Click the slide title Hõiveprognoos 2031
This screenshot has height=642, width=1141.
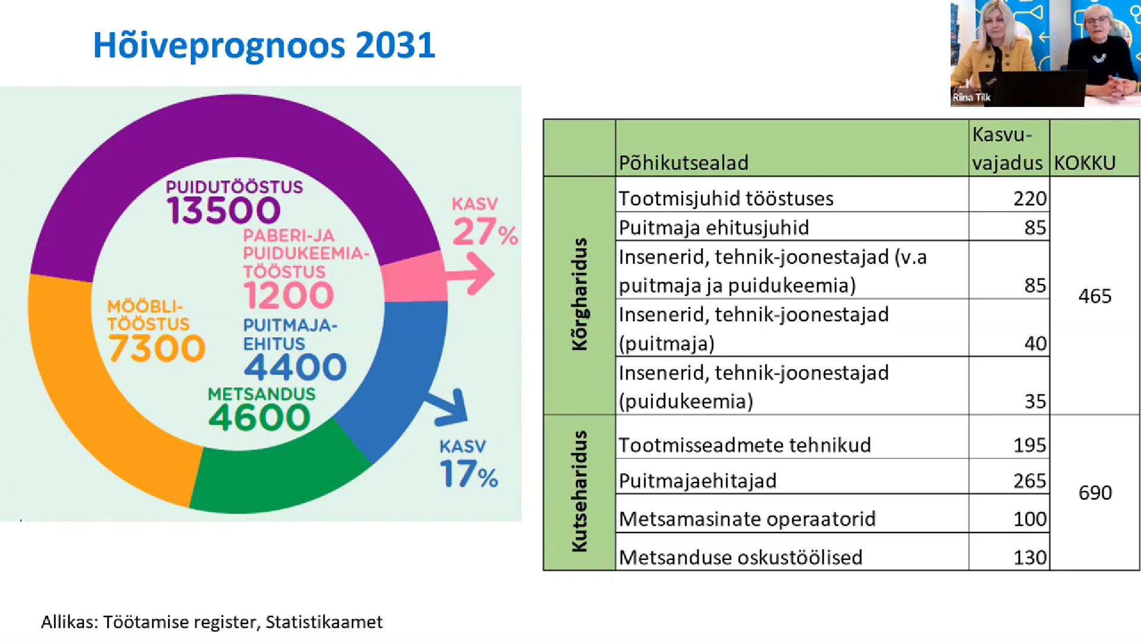tap(264, 46)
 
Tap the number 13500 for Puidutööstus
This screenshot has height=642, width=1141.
tap(223, 210)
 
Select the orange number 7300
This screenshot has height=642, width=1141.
tap(157, 348)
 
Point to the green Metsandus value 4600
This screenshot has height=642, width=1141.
tap(259, 417)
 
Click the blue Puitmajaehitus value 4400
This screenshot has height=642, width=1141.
tap(295, 367)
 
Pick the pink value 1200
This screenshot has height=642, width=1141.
tap(289, 295)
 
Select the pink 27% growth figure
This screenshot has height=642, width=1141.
tap(485, 232)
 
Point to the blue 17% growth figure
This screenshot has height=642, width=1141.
tap(469, 474)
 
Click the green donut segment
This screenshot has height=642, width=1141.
tap(279, 470)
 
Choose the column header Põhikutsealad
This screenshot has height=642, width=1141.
tap(683, 162)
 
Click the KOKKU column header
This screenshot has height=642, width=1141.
tap(1085, 162)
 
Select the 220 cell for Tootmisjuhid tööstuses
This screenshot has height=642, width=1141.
tap(1030, 199)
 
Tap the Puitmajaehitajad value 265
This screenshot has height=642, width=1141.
tap(1030, 480)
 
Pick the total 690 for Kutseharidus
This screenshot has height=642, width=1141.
tap(1095, 493)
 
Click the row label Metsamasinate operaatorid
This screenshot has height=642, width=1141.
tap(747, 519)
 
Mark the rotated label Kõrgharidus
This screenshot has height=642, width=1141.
tap(579, 294)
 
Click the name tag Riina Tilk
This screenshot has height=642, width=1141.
tap(972, 97)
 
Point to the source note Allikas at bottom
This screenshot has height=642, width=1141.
tap(212, 622)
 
